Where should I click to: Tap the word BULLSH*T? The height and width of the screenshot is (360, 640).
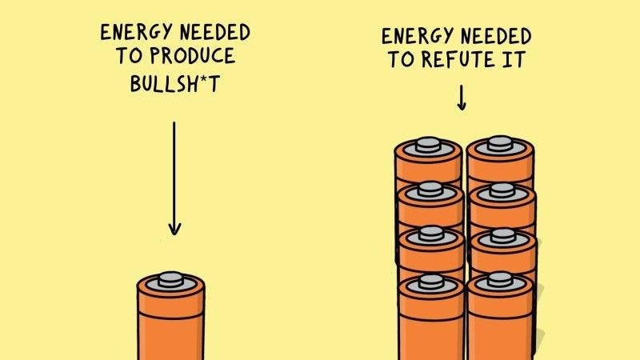[x=174, y=84]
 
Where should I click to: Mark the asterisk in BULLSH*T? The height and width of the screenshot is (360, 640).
[x=198, y=81]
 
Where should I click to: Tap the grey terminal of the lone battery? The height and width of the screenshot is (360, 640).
[x=170, y=279]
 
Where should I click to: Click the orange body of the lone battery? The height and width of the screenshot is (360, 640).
[x=170, y=332]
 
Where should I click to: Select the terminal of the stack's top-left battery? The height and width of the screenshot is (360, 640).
[x=429, y=145]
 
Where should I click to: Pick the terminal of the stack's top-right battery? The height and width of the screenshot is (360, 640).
[x=500, y=143]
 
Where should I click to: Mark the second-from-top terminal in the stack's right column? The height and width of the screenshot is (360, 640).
[x=502, y=190]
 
